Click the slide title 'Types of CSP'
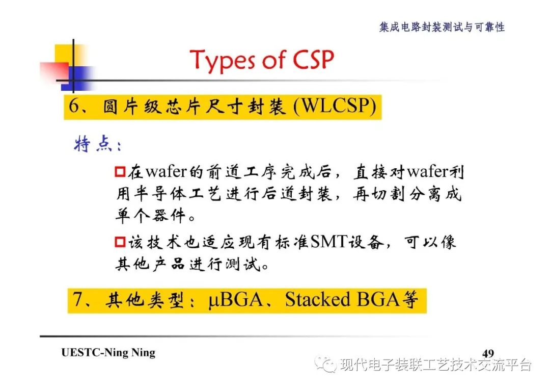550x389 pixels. (262, 60)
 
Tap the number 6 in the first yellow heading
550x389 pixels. (74, 106)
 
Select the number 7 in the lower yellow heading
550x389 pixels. (77, 299)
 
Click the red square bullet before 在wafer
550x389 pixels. (120, 172)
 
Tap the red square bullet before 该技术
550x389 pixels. (120, 242)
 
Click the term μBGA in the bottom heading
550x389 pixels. (235, 300)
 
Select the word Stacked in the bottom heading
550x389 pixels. (317, 299)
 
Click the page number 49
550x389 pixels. (488, 353)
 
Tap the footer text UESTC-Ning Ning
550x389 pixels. (108, 352)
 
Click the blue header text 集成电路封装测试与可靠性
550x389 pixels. (442, 27)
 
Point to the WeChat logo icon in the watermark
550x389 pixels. (325, 365)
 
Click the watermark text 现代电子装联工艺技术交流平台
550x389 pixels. (435, 365)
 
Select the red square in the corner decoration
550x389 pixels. (54, 73)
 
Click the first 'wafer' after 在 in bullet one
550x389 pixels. (166, 172)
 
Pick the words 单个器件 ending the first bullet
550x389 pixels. (150, 215)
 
